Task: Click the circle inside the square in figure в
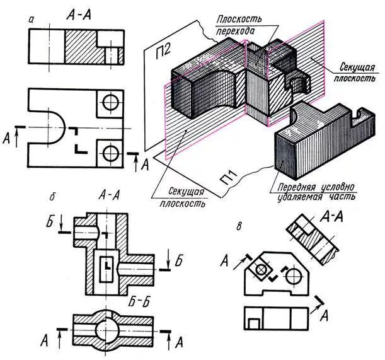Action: [260, 270]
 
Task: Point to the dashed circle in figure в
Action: [290, 276]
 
